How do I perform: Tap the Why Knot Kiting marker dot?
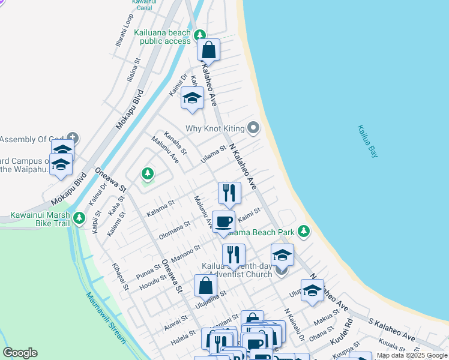click(254, 127)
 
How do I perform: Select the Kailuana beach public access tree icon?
click(200, 36)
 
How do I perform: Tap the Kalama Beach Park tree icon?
click(304, 231)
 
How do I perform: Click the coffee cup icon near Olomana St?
click(223, 221)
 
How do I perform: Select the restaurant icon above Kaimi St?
click(229, 193)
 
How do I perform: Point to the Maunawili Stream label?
click(106, 317)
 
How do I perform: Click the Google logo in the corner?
click(20, 353)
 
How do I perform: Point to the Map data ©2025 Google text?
click(411, 356)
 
